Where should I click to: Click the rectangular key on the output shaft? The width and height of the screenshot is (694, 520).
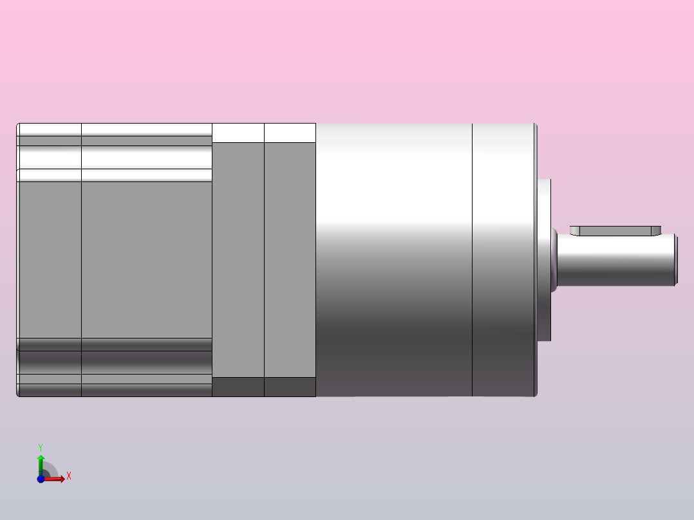[615, 230]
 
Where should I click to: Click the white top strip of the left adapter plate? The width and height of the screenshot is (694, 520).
[238, 133]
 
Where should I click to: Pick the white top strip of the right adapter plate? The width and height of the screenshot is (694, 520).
[290, 133]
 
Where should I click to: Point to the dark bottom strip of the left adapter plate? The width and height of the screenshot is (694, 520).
[238, 387]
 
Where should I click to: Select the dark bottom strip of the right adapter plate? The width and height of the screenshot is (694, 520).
[290, 387]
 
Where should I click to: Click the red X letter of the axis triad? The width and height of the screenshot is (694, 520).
[69, 476]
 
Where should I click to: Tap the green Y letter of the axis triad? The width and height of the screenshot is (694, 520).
[41, 447]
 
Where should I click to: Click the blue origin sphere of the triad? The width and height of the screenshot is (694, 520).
[41, 479]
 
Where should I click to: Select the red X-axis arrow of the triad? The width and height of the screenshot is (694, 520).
[55, 479]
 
